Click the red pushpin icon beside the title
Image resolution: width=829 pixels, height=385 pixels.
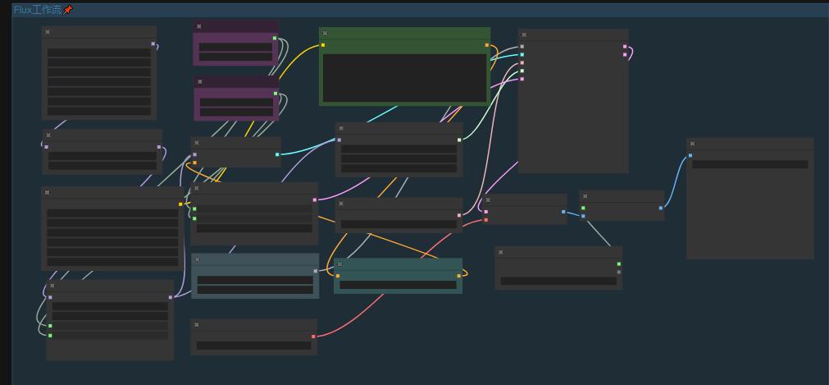68,10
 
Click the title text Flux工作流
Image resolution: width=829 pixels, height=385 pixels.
38,10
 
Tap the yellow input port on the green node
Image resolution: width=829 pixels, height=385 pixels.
323,45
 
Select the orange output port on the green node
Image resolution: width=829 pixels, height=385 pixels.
487,45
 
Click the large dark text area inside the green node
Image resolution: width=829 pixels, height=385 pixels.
404,78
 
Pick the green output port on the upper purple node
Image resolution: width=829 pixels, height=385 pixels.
275,38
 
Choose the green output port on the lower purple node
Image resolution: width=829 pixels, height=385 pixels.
276,94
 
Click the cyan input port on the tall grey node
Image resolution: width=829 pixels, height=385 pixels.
522,54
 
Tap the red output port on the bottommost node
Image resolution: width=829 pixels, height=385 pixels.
313,337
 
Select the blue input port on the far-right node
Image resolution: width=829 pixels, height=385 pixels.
690,155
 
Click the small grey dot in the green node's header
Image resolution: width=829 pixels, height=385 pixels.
325,33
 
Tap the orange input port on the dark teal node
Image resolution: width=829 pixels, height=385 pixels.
338,276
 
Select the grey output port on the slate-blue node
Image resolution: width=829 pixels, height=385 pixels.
316,271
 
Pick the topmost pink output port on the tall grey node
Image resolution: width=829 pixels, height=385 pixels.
625,47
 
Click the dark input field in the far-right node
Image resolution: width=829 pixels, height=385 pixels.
750,164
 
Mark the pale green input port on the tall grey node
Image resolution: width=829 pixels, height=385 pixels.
522,71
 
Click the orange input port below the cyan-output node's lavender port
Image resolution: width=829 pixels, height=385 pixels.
194,163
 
